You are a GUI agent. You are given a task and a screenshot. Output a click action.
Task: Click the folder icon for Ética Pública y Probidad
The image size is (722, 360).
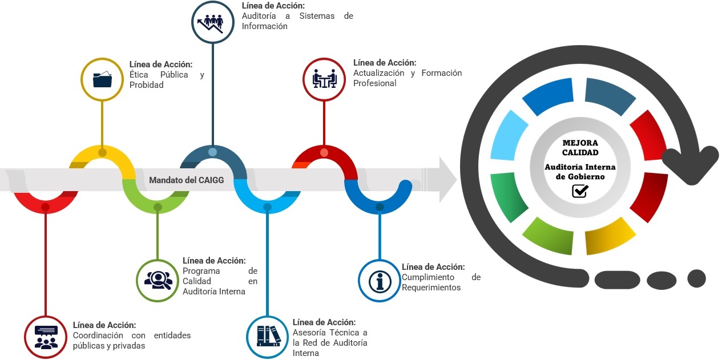[102, 79]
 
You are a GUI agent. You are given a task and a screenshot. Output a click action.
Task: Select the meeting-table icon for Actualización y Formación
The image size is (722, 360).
[324, 79]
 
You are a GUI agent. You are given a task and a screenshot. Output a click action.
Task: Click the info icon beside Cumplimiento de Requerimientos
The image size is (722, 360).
[378, 281]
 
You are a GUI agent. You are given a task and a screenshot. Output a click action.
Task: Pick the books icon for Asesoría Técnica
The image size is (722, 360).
[268, 335]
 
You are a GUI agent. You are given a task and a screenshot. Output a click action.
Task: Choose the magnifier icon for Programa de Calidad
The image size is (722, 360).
[158, 280]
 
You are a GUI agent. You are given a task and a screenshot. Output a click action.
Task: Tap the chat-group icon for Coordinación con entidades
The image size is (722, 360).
[46, 337]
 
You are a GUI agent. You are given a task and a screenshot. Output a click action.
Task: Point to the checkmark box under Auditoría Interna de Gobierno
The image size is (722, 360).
[580, 191]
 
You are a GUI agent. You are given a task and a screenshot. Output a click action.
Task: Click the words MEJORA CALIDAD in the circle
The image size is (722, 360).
[580, 148]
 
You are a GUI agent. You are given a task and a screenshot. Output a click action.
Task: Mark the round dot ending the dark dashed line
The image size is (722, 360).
[696, 278]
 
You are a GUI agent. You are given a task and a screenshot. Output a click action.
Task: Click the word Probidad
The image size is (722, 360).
[147, 85]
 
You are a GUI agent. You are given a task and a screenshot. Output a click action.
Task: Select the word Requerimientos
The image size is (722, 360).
[431, 288]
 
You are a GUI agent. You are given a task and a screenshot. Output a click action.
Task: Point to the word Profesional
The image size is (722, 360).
[374, 83]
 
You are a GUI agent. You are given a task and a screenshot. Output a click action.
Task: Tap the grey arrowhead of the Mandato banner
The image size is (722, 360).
[449, 180]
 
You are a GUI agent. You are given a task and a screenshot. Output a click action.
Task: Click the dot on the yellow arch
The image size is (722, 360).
[102, 152]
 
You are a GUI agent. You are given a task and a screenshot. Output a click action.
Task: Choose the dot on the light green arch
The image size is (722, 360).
[158, 207]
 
